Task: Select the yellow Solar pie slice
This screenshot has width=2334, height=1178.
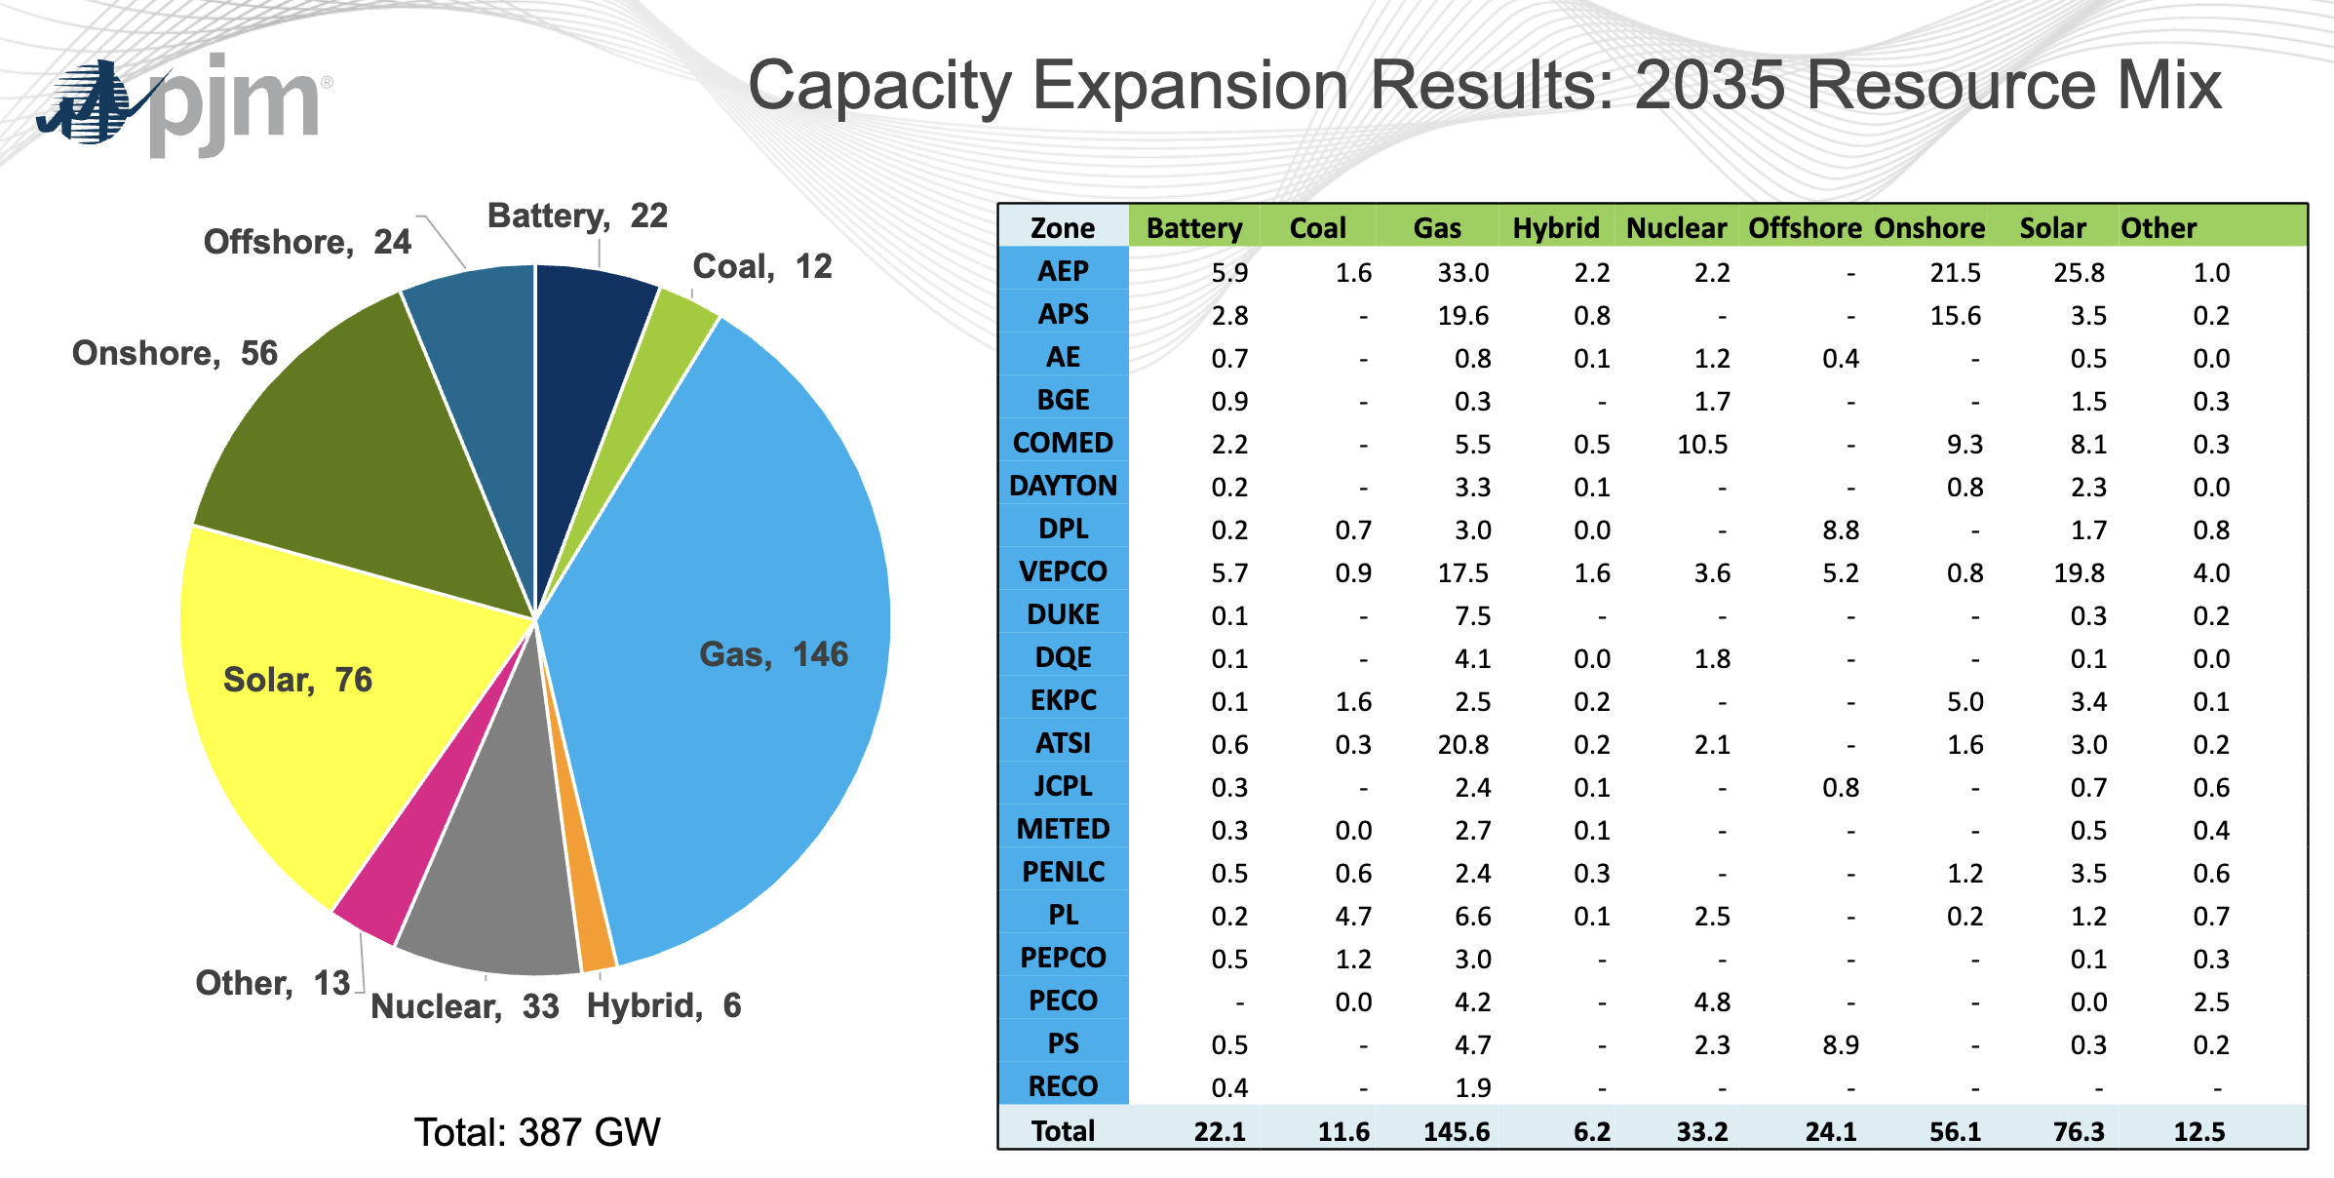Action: pyautogui.click(x=322, y=722)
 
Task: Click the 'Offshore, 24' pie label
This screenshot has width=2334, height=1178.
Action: pyautogui.click(x=307, y=242)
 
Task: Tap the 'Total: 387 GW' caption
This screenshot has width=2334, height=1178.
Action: pyautogui.click(x=537, y=1132)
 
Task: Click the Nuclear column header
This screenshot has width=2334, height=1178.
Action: pyautogui.click(x=1676, y=228)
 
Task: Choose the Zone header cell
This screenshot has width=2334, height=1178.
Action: pyautogui.click(x=1063, y=228)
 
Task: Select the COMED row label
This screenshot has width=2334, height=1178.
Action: pyautogui.click(x=1063, y=443)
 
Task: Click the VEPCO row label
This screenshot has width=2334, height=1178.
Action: pyautogui.click(x=1063, y=571)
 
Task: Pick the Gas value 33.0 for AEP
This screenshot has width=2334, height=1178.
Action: pyautogui.click(x=1462, y=273)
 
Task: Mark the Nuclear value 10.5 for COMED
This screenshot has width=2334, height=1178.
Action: pyautogui.click(x=1701, y=445)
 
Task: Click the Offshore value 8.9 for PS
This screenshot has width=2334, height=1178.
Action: pyautogui.click(x=1840, y=1045)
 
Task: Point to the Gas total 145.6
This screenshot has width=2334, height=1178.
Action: pyautogui.click(x=1457, y=1132)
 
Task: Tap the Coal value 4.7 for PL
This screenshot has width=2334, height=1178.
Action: pyautogui.click(x=1353, y=917)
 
